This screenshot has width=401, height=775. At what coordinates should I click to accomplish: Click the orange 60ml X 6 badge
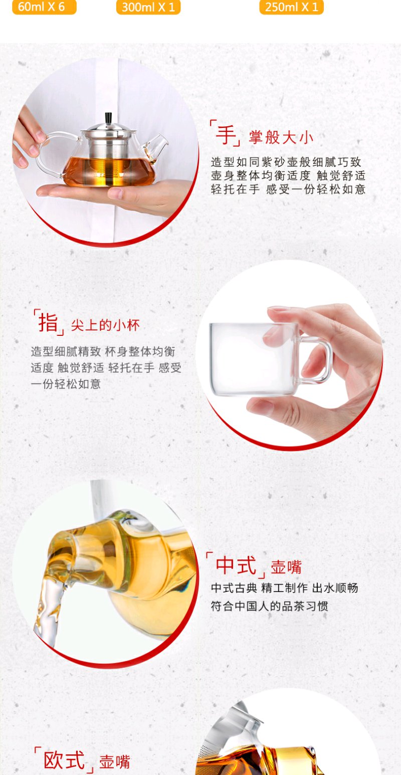point(44,7)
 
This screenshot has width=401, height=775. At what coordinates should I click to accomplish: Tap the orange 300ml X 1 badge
point(148,7)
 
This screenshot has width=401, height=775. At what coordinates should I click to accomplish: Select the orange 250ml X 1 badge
point(291,7)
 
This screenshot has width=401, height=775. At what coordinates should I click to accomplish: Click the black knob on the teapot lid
point(109,118)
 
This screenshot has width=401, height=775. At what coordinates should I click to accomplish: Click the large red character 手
point(226,134)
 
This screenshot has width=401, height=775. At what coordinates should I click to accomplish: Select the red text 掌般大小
point(281,137)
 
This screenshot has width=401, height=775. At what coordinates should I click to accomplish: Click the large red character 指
point(48,322)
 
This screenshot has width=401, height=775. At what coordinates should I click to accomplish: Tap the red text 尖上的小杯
point(105,325)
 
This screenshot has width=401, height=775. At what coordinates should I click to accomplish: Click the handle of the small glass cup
point(315,360)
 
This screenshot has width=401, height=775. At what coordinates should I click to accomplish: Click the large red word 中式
point(236,565)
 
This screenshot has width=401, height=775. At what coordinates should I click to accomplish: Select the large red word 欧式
point(64,760)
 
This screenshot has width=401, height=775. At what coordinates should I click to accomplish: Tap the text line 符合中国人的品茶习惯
point(270,606)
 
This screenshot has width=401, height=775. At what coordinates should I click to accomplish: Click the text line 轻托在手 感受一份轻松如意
point(288,189)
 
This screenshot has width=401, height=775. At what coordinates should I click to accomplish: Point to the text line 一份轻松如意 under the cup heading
point(66,384)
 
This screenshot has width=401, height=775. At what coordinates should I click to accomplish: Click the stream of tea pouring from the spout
point(49,609)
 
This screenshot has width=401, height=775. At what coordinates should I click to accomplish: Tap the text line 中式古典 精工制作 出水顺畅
point(284,588)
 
